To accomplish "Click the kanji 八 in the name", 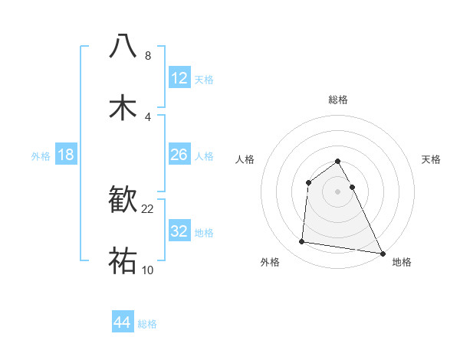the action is [x=123, y=47].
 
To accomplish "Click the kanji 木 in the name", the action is [x=123, y=107].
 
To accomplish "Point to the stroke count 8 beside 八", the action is [x=148, y=56].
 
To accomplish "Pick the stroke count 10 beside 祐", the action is [x=148, y=270].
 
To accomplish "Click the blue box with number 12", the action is [x=179, y=78].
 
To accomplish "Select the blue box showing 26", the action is [x=179, y=155].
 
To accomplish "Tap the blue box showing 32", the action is [x=179, y=231].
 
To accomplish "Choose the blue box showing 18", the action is [x=66, y=155].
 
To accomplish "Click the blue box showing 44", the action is [x=123, y=322].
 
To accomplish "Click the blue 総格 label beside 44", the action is [x=147, y=324].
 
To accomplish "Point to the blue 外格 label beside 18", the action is [x=41, y=156].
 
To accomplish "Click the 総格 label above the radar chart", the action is [x=338, y=100].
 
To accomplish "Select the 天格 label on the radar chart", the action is [x=432, y=159].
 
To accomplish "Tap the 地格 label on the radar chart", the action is [x=402, y=262].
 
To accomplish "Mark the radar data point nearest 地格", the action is [x=382, y=253].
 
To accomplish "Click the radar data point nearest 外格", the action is [x=302, y=242].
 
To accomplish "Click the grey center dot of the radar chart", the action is [x=338, y=191].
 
